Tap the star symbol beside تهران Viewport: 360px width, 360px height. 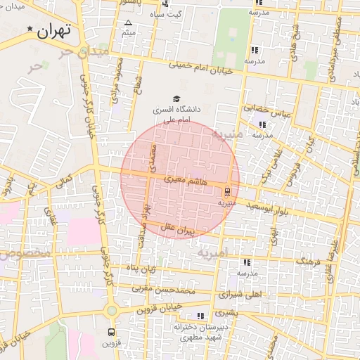coord(30,29)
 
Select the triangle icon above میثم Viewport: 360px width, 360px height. coord(128,23)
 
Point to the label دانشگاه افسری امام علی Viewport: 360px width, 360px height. coord(176,115)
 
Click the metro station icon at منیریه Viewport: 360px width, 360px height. coord(226,191)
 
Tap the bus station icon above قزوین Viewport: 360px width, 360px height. coord(111,331)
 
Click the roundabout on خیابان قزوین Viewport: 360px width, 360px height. coord(111,311)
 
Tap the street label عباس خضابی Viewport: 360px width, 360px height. coord(261,109)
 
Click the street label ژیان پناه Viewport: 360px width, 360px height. coord(141,268)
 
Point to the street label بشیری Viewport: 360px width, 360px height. coord(226,311)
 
